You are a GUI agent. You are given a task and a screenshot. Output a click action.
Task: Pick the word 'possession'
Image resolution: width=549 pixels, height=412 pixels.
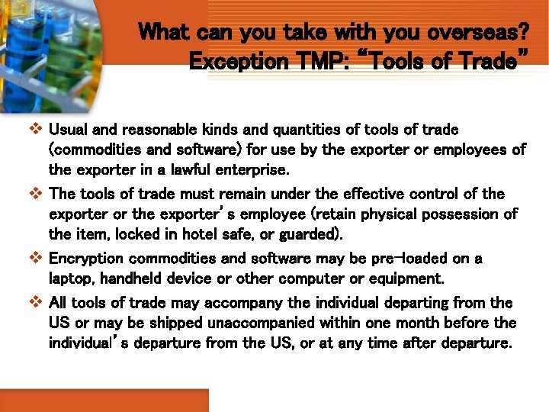(x=460, y=214)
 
